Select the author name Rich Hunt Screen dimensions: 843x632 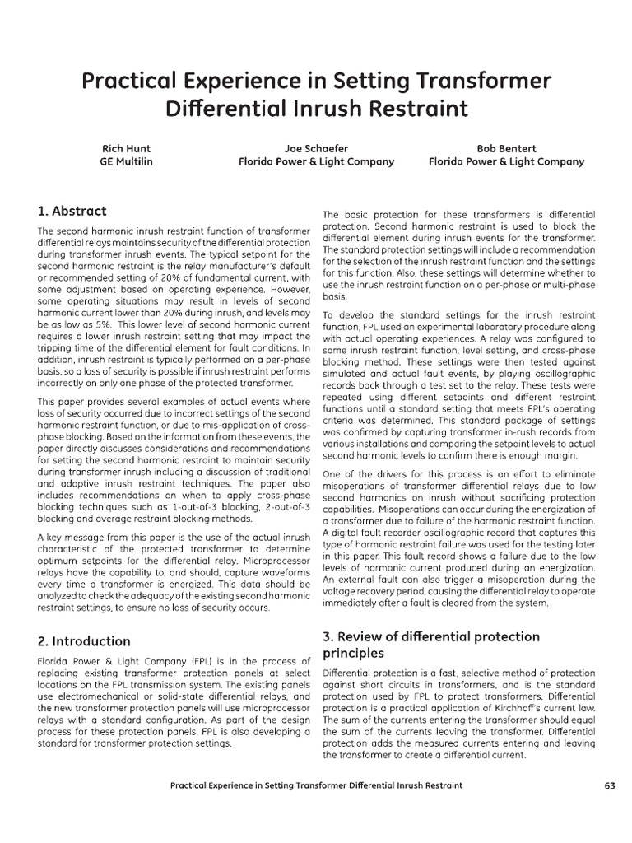coord(126,149)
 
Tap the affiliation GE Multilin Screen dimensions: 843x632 coord(126,162)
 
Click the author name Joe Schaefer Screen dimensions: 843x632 coord(316,149)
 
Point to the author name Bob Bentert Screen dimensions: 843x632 coord(506,149)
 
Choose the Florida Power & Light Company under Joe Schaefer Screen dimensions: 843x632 coord(316,162)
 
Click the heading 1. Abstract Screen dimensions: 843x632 coord(72,211)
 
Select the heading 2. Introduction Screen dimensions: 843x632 coord(84,640)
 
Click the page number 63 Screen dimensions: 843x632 coord(609,785)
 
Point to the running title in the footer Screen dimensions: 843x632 coord(316,785)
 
